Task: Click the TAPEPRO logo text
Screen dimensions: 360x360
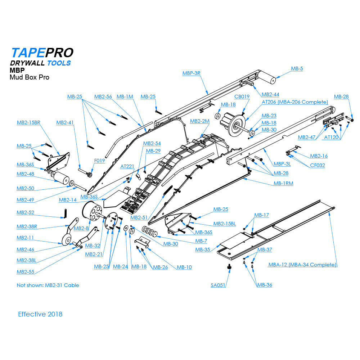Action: [x=42, y=53]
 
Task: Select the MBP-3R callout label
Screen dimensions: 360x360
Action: [x=191, y=73]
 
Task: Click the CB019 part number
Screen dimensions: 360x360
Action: [x=242, y=96]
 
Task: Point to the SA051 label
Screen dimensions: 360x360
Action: [x=218, y=285]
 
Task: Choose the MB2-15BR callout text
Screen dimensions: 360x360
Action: [x=28, y=122]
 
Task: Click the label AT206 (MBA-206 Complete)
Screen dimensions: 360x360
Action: [x=295, y=102]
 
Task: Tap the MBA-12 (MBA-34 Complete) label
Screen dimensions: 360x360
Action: [x=302, y=265]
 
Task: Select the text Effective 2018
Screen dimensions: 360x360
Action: [x=40, y=314]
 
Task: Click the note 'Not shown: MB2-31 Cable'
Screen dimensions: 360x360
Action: [x=48, y=285]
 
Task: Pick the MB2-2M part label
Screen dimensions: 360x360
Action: [x=199, y=121]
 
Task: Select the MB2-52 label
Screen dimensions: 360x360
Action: [x=25, y=212]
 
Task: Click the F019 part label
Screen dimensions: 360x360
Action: [x=99, y=161]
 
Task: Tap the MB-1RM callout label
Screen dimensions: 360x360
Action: [x=283, y=183]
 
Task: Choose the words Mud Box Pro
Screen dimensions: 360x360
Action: [x=30, y=77]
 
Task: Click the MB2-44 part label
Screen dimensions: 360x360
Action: [x=270, y=94]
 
